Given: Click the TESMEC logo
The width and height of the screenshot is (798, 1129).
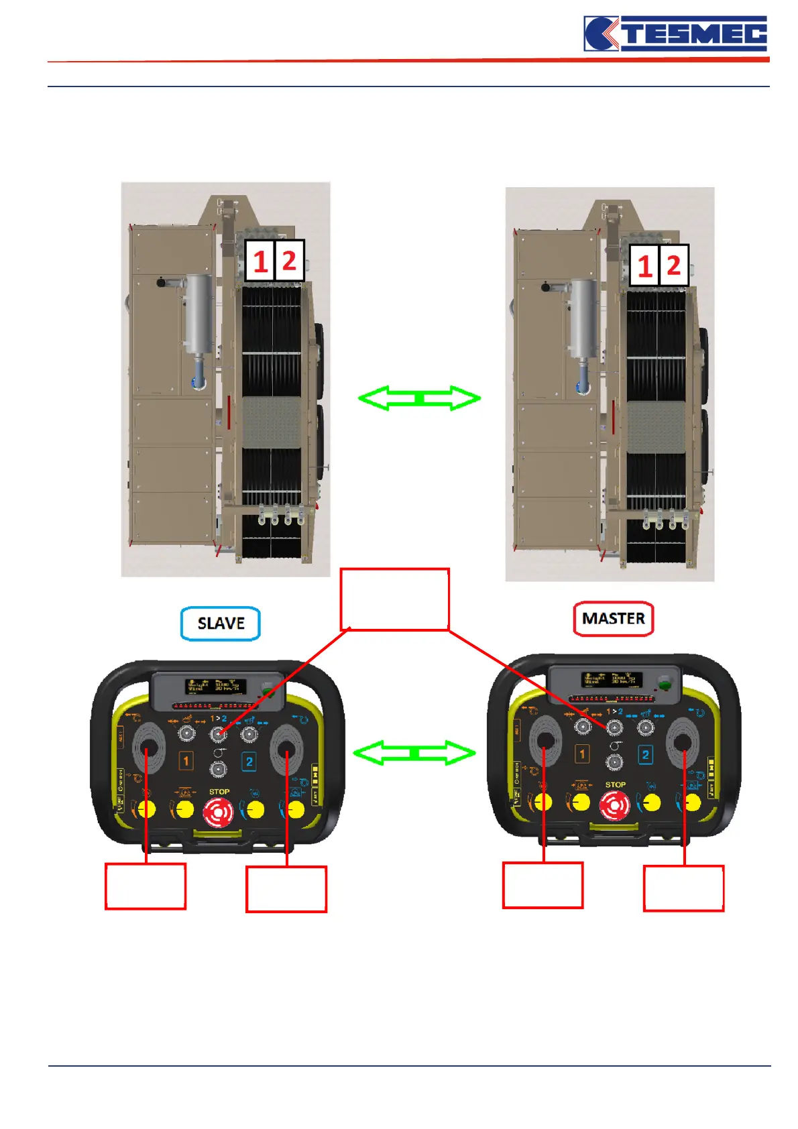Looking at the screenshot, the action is (675, 34).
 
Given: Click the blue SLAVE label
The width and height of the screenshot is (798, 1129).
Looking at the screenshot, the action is (221, 623).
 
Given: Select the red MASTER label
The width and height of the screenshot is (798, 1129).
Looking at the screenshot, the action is (613, 618).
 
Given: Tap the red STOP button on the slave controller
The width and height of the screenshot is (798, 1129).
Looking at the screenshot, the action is (219, 813).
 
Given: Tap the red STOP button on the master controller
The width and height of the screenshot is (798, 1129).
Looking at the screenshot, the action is (614, 805).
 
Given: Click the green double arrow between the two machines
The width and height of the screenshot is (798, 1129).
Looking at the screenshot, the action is (420, 398).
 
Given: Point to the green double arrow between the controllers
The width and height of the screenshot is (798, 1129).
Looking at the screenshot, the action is (414, 753).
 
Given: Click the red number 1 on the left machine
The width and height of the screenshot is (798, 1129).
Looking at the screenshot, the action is (260, 261).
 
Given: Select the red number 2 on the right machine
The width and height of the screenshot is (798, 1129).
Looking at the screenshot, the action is (673, 266).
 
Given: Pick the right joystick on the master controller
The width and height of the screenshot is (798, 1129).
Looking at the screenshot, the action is (682, 741).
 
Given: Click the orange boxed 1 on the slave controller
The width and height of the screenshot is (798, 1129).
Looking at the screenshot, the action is (186, 761).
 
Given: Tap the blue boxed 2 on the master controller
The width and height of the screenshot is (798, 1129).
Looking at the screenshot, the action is (645, 755).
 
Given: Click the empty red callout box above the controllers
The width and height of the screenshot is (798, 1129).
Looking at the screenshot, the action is (394, 599).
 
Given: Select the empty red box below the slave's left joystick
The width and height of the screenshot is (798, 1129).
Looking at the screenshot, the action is (146, 886).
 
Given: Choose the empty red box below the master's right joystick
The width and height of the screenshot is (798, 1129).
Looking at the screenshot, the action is (683, 888).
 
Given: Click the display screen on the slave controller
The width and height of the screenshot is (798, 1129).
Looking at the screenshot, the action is (216, 687).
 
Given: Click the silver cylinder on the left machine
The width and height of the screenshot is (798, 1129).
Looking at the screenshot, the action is (199, 313).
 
